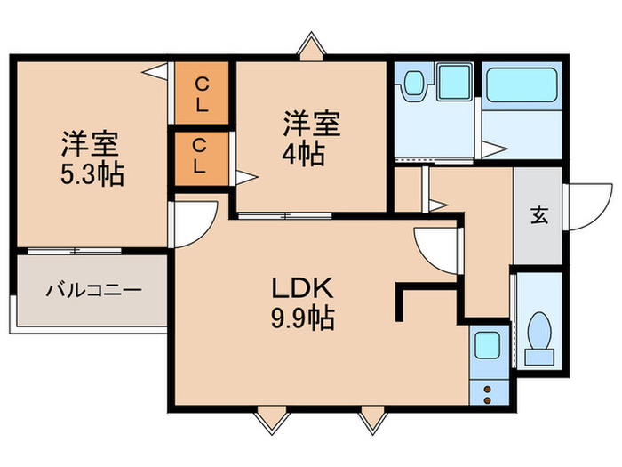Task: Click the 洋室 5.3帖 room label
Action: coord(92,157)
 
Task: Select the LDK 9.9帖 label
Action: coord(302,302)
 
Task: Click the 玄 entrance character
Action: coord(538,214)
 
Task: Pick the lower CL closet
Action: coord(203,157)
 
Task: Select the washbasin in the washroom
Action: coord(415,85)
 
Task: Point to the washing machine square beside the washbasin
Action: coord(455,85)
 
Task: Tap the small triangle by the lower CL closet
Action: coord(244,177)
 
